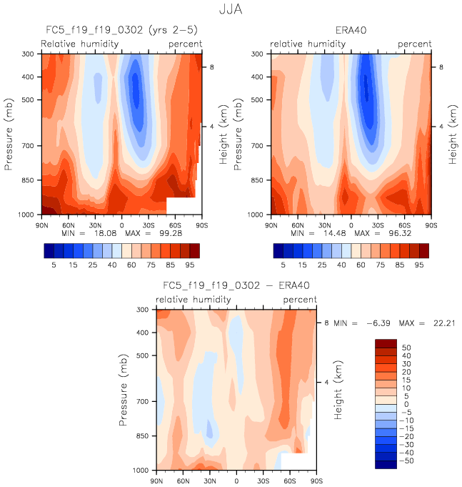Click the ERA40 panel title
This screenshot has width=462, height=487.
[351, 31]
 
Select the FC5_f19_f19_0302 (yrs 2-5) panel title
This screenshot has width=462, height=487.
[121, 31]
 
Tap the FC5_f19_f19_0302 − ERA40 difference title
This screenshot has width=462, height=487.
[236, 286]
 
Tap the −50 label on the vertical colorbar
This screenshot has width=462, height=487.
[407, 462]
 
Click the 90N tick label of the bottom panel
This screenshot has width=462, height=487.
[157, 480]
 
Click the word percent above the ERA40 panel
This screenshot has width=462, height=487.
[414, 44]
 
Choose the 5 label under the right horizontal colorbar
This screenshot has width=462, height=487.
[283, 265]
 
